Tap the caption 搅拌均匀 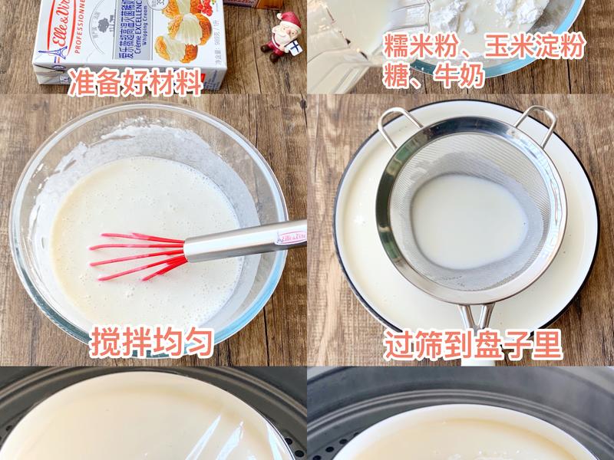pyautogui.click(x=151, y=342)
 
